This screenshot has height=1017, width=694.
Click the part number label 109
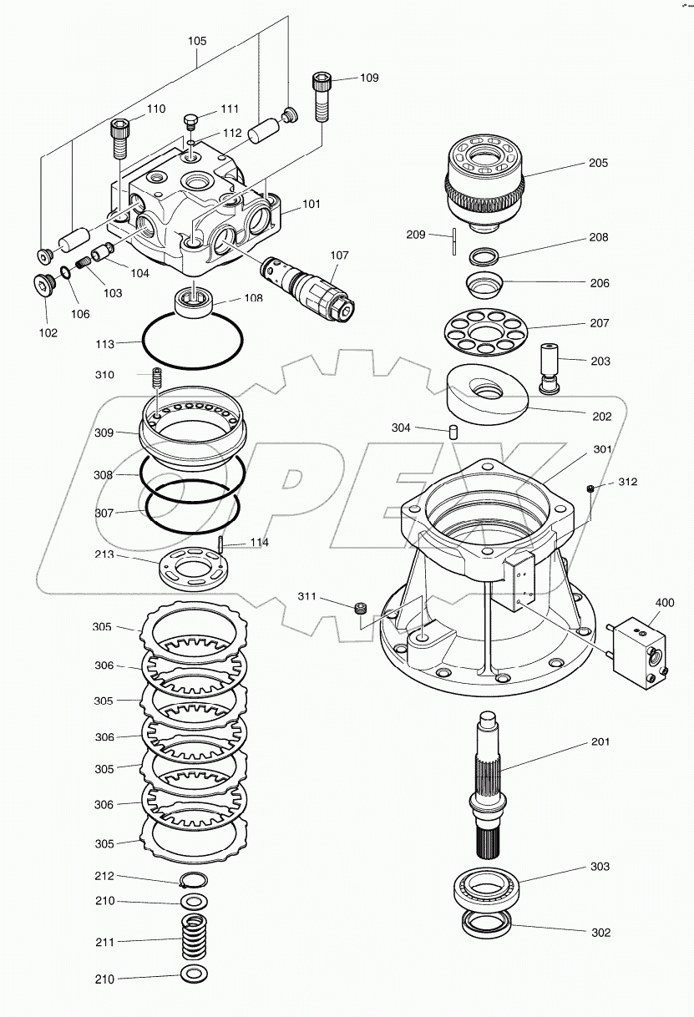pos(369,78)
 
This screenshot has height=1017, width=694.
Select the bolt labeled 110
pos(119,139)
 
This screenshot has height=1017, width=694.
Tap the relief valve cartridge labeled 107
pos(309,288)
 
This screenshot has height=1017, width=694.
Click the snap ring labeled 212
pos(194,879)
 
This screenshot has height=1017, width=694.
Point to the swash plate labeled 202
pos(488,395)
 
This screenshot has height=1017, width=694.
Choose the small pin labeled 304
pos(453,431)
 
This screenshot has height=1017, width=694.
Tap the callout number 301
pos(602,449)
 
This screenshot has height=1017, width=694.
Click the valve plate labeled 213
pos(191,571)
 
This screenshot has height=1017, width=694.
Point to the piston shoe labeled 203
pos(552,366)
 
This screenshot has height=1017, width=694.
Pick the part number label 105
pos(197,40)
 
